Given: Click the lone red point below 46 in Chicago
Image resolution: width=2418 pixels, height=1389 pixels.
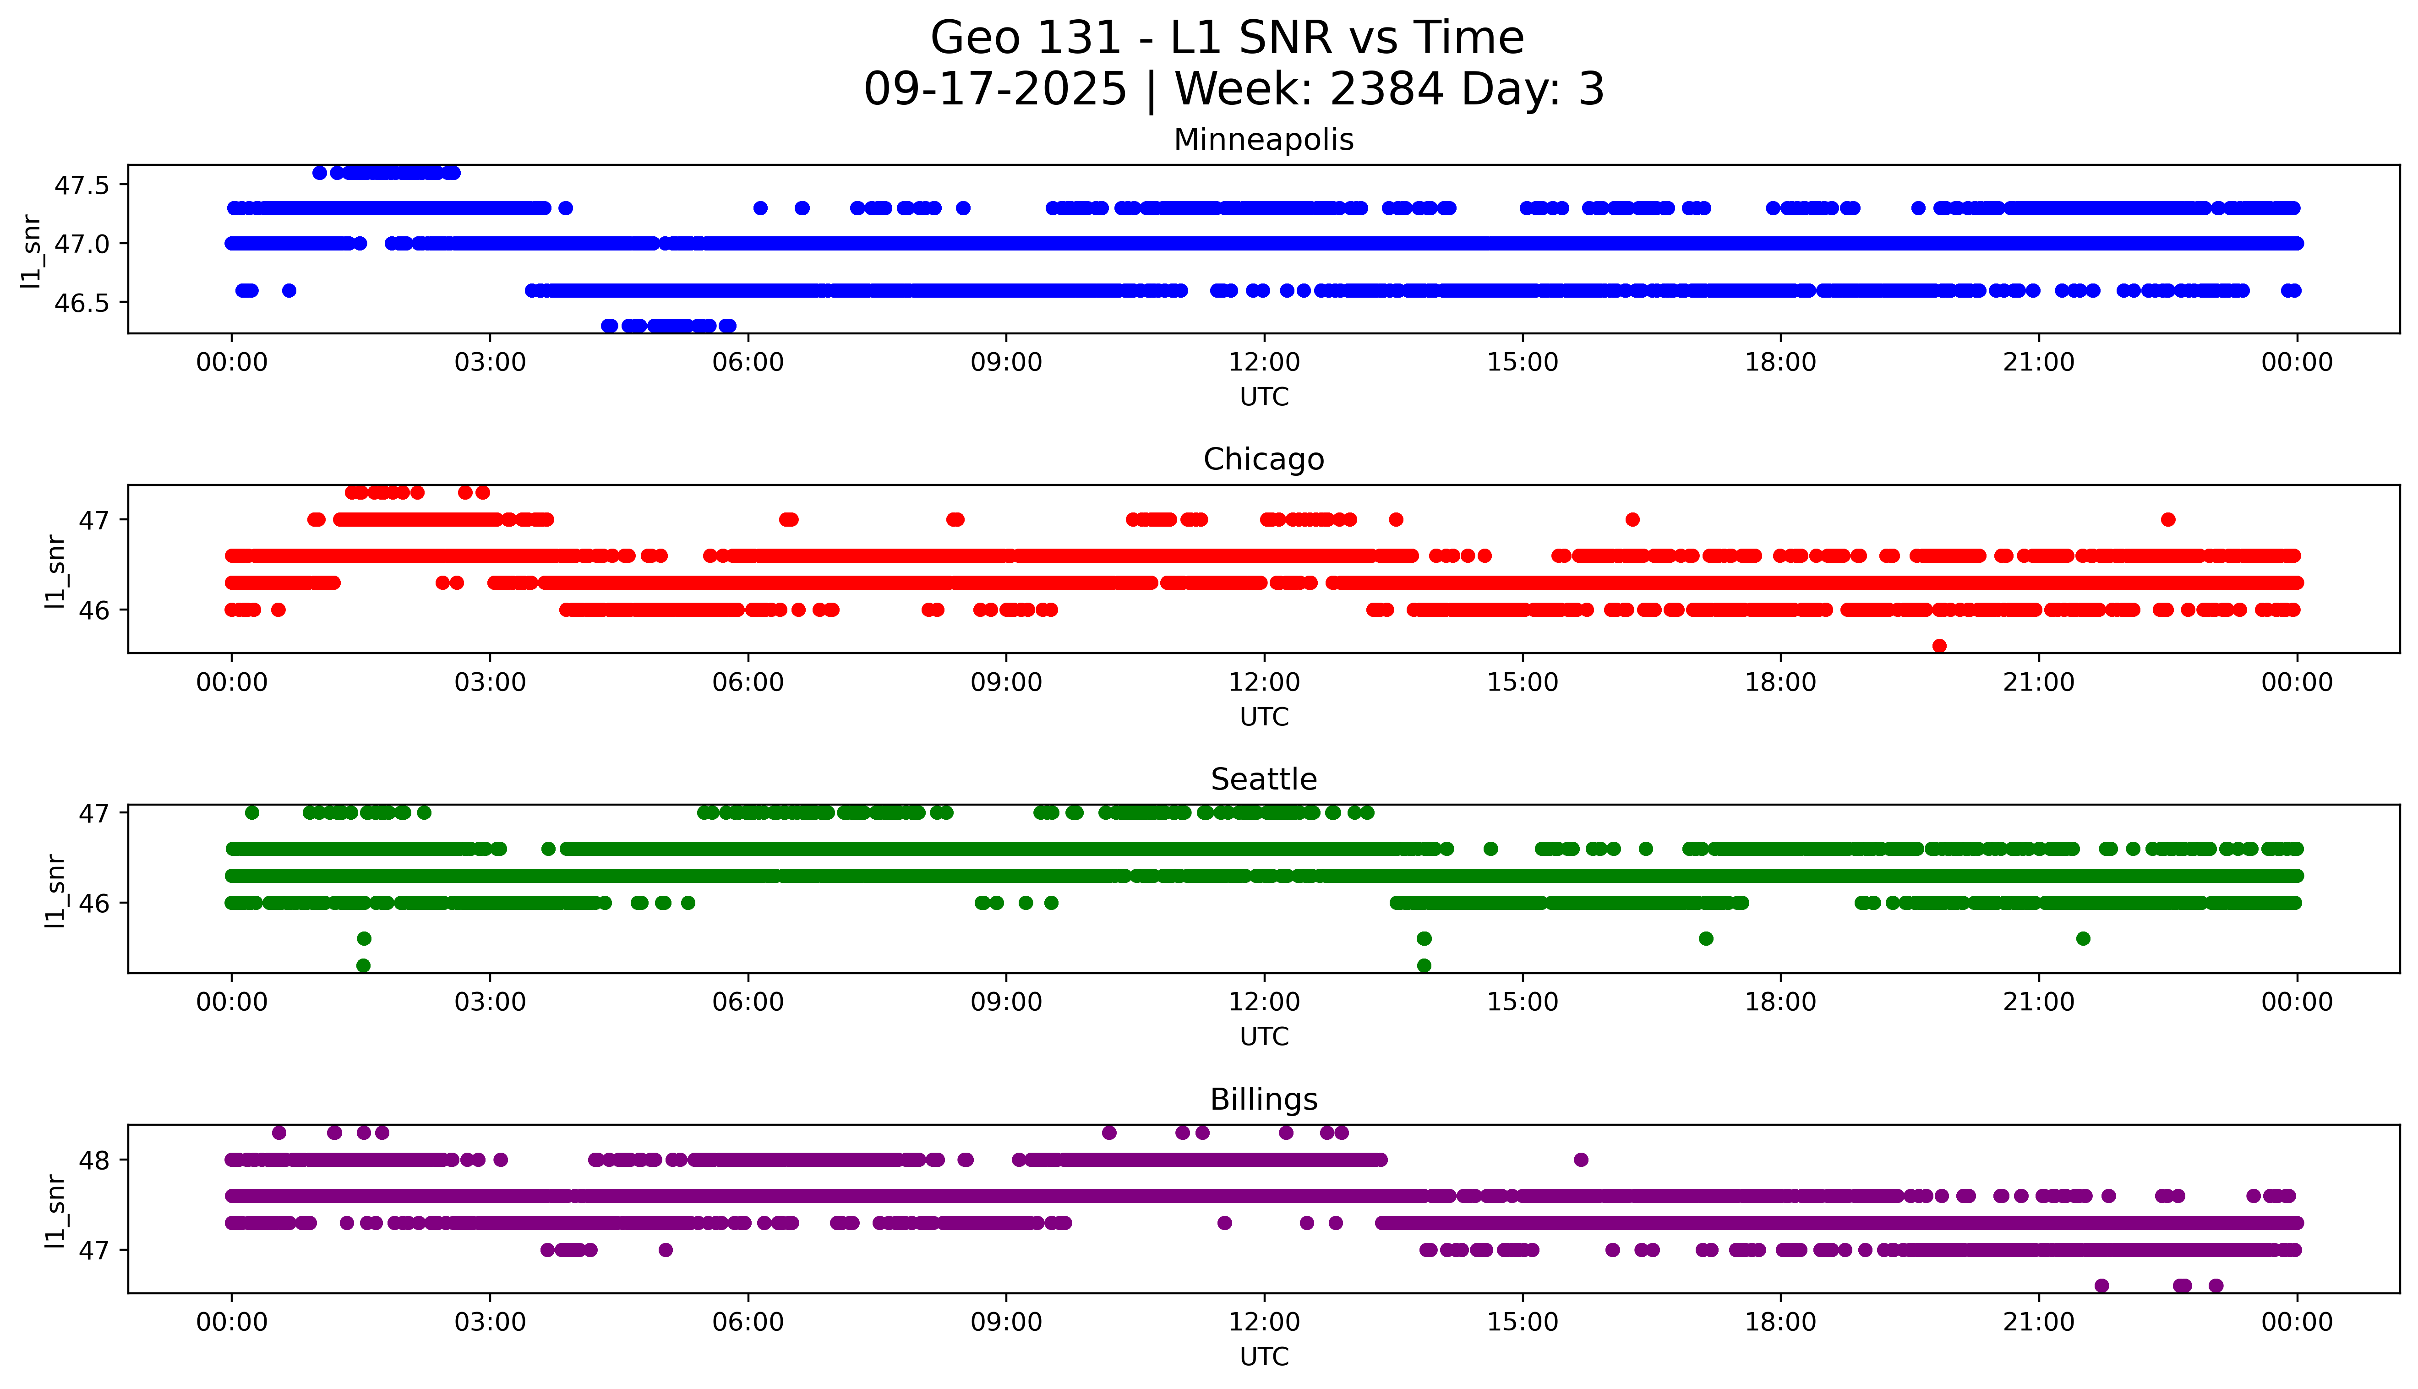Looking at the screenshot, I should tap(1939, 646).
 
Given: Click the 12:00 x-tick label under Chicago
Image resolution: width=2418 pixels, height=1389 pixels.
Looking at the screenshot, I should tap(1264, 682).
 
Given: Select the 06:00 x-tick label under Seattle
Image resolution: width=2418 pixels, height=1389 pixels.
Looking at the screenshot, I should tap(748, 1002).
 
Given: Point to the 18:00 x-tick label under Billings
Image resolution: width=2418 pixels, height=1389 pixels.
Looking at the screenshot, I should tap(1780, 1322).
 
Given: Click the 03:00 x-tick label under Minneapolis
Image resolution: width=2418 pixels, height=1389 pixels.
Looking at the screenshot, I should tap(490, 363).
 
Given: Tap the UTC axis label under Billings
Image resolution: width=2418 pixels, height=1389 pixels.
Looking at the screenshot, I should tap(1264, 1356).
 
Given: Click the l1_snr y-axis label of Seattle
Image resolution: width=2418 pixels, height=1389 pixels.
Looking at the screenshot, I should tap(55, 890).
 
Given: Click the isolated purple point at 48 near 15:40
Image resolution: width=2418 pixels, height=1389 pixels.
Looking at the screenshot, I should tap(1581, 1160).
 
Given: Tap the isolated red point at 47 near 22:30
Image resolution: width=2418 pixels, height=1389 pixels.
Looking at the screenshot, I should tap(2168, 520).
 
